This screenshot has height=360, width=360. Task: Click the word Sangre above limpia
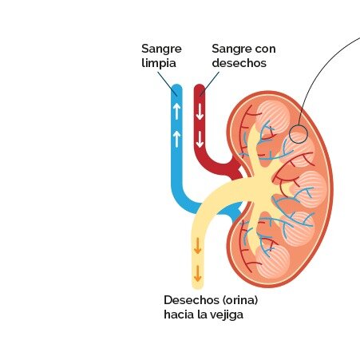[x=161, y=49]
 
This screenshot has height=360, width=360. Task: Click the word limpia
[x=159, y=63]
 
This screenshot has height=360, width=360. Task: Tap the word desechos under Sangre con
[x=239, y=63]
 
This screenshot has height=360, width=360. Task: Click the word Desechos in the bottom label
[x=191, y=300]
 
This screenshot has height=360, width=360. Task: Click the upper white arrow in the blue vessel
[x=177, y=111]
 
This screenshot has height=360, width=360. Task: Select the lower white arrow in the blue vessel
[x=177, y=139]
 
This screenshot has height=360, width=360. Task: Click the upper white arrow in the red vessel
[x=200, y=111]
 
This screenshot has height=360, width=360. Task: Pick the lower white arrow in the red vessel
[x=200, y=140]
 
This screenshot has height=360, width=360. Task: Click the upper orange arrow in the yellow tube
[x=197, y=246]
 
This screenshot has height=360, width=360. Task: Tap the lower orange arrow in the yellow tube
[x=197, y=273]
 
